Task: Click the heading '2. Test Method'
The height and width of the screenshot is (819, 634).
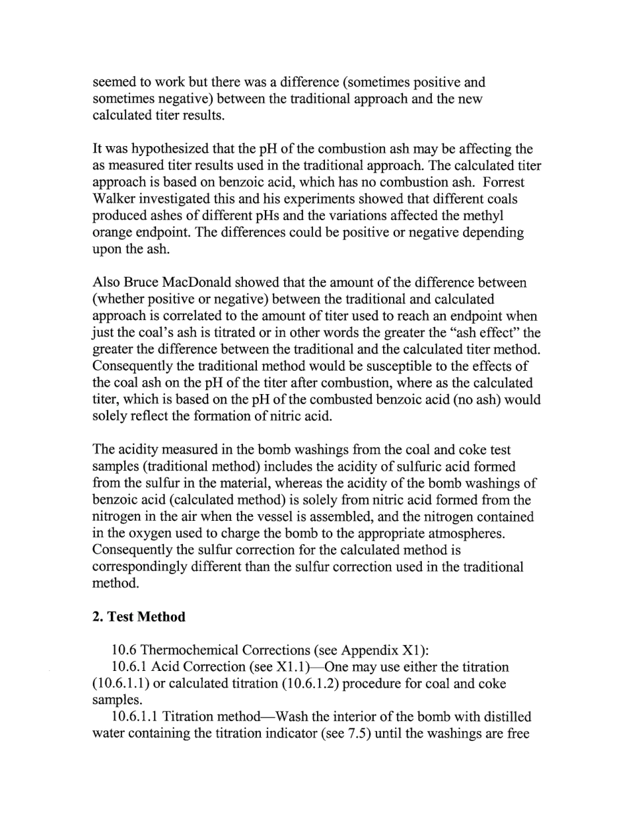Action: pos(139,617)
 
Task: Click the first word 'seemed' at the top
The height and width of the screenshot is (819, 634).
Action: pos(113,83)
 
